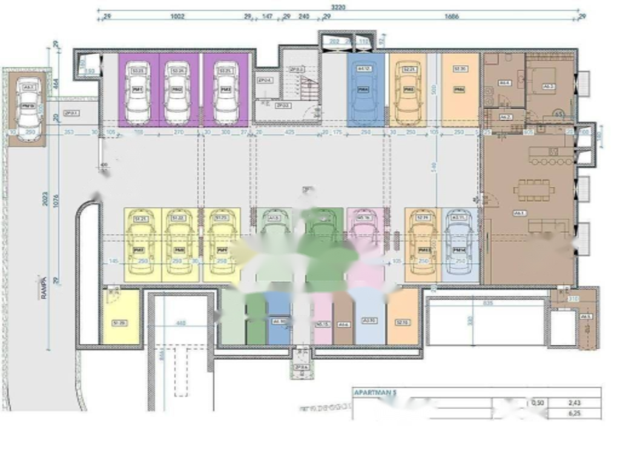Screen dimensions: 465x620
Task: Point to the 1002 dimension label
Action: click(x=177, y=17)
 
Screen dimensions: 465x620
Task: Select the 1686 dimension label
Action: click(x=452, y=17)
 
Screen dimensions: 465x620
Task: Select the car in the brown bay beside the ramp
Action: click(x=27, y=109)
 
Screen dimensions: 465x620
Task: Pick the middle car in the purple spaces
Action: click(x=177, y=92)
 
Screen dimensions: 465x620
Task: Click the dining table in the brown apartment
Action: click(x=533, y=190)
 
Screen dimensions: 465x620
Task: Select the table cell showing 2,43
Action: click(x=575, y=403)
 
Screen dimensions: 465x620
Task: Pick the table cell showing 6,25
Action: click(x=575, y=414)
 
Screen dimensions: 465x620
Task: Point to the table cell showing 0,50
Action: click(x=537, y=403)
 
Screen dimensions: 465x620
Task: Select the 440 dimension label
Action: click(x=180, y=323)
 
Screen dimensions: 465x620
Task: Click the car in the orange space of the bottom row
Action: click(x=421, y=243)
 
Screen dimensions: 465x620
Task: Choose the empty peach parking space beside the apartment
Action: click(x=460, y=90)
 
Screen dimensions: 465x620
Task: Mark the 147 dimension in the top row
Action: click(x=266, y=17)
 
